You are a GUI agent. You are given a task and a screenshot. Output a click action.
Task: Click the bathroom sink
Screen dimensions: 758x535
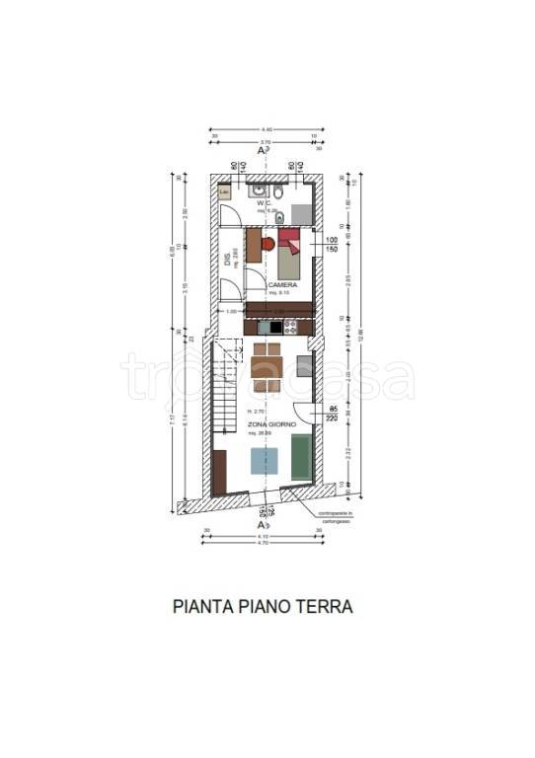click(x=259, y=189)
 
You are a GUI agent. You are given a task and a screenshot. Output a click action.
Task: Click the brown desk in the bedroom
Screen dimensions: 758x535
click(x=254, y=245)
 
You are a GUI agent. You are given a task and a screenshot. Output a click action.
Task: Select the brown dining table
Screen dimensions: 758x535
click(x=267, y=367)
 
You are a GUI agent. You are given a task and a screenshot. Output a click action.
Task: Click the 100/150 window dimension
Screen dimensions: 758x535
click(x=332, y=246)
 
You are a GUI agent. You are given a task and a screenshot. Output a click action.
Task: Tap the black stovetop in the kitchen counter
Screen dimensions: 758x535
click(x=267, y=328)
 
